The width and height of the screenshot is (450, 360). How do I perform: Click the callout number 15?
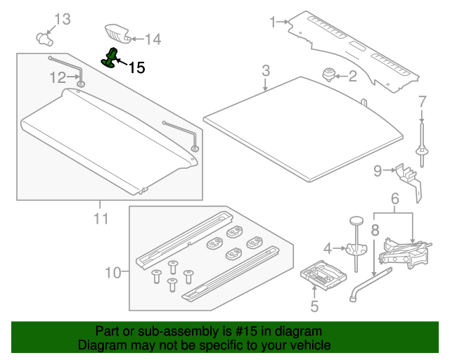(x=136, y=68)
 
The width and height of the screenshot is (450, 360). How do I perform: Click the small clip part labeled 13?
(x=46, y=34)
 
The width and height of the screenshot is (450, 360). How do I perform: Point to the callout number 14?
(x=153, y=39)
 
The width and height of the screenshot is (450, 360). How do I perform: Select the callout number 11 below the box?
(x=101, y=219)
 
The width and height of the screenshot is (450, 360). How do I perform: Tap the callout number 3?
(x=266, y=70)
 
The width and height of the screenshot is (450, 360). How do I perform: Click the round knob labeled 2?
(x=328, y=73)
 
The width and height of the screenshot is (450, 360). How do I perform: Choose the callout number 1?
(x=273, y=22)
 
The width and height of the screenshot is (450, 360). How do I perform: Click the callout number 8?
(x=375, y=229)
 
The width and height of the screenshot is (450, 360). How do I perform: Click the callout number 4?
(x=327, y=247)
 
